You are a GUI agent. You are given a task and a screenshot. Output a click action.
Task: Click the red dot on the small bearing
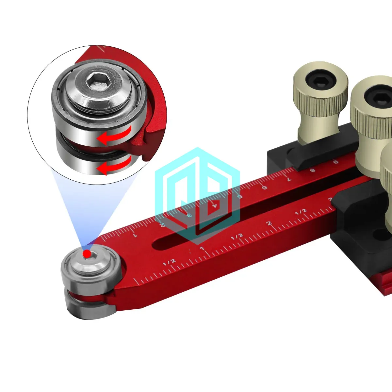(x=87, y=253)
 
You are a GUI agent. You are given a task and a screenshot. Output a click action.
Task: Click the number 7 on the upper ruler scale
(x=288, y=179)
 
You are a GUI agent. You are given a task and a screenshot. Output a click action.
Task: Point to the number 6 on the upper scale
(x=264, y=187)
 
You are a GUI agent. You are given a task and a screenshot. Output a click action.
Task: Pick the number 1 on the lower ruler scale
(x=202, y=249)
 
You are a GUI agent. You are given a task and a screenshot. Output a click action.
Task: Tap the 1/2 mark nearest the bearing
(x=169, y=262)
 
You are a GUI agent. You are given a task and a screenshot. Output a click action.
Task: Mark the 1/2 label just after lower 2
(x=301, y=211)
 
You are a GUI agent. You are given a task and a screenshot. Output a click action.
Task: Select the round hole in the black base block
(x=379, y=234)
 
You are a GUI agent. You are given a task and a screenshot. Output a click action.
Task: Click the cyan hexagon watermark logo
(x=197, y=196)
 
